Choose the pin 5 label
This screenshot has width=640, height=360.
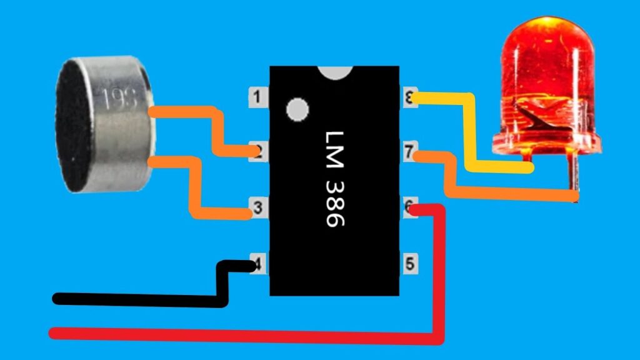(409, 263)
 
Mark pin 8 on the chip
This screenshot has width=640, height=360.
(409, 97)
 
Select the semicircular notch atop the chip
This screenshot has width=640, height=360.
(334, 72)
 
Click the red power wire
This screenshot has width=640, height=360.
(250, 336)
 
